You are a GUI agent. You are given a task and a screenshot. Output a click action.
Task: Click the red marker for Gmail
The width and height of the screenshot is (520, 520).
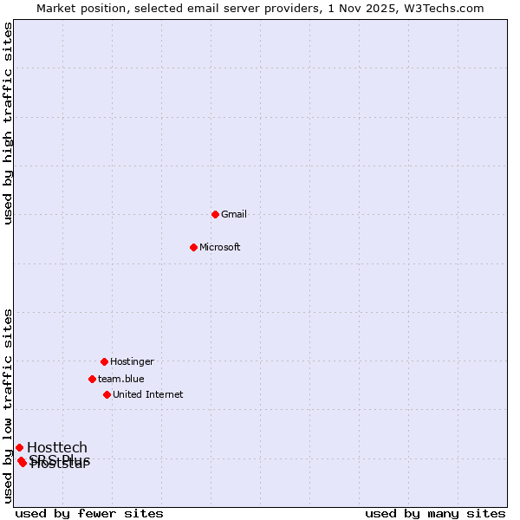215,214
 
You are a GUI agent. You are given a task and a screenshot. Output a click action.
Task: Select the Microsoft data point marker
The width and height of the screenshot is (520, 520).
194,247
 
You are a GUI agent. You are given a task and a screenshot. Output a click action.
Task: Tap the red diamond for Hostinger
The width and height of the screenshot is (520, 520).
104,361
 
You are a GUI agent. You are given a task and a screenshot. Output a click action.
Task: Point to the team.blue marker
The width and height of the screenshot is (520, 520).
92,379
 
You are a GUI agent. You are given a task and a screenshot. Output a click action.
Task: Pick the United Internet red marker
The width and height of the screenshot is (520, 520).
107,394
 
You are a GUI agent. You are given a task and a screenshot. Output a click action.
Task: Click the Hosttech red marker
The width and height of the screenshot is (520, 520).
19,447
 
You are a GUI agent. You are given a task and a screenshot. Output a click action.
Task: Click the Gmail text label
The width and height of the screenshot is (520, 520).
234,214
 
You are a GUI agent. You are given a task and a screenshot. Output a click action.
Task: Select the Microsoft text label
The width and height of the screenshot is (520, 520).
220,247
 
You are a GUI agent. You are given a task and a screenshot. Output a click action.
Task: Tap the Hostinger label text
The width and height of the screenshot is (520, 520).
132,361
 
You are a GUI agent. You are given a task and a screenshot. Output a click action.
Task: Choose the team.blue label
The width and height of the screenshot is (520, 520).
121,379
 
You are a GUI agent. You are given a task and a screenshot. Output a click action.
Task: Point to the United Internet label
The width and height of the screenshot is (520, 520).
148,394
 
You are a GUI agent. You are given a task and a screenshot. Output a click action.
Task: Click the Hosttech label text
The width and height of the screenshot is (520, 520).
57,447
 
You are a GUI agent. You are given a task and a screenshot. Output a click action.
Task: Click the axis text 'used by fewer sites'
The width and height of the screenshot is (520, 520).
89,513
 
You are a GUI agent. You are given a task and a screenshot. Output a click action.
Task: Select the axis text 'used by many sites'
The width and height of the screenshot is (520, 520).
435,513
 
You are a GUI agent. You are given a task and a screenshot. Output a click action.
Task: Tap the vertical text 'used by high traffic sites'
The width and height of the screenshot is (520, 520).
9,123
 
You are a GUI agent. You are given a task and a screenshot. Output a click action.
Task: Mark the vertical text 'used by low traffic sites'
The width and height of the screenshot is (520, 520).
9,405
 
